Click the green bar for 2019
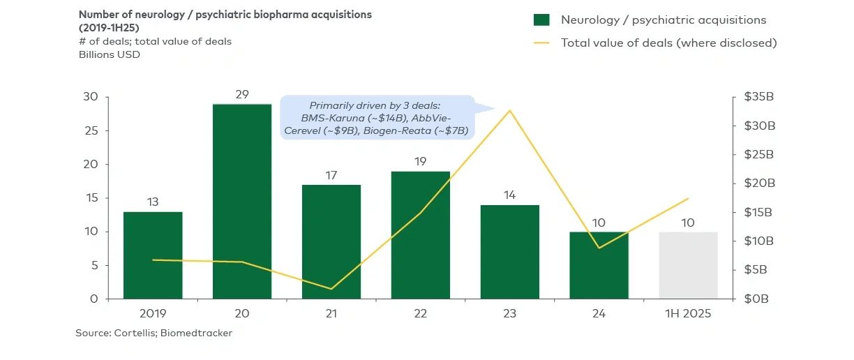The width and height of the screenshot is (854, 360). [x=153, y=255]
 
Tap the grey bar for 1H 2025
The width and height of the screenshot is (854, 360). [x=688, y=265]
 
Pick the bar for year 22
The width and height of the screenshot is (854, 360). [x=420, y=234]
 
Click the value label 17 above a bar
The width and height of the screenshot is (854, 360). [x=331, y=175]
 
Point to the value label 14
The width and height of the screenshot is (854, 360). [x=509, y=195]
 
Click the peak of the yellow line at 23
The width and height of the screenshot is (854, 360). [x=510, y=110]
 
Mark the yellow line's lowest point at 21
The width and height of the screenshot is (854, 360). [x=331, y=289]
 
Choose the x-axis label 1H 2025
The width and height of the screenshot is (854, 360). [x=688, y=315]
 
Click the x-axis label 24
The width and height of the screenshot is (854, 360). [x=599, y=315]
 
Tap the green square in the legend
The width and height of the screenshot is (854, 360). [x=542, y=20]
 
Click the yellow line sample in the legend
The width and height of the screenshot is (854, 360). [x=542, y=43]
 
